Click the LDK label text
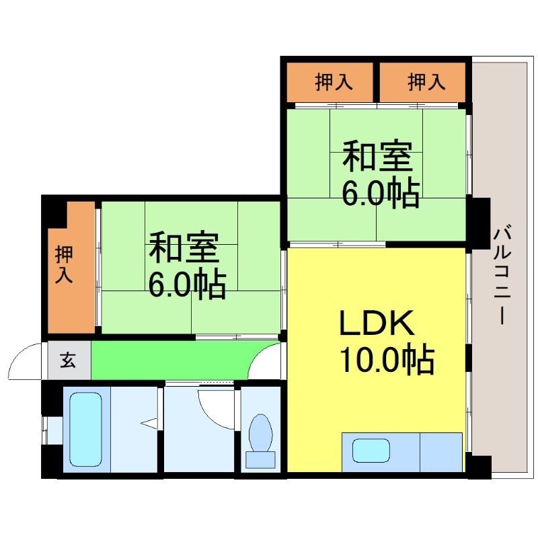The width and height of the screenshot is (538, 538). [x=377, y=323]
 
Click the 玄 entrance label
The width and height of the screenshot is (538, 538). [x=68, y=360]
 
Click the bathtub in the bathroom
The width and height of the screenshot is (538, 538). [x=86, y=430]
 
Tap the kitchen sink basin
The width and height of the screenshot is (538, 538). [x=371, y=451]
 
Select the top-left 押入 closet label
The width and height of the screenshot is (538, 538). [x=334, y=82]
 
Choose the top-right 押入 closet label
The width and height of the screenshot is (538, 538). [x=426, y=82]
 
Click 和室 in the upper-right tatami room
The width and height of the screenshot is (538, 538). [x=377, y=155]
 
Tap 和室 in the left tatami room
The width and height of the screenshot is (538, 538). [x=183, y=247]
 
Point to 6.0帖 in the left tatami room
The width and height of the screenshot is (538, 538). [x=188, y=284]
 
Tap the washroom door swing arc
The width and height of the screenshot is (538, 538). [x=210, y=416]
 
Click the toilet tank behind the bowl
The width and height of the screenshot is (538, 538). [x=260, y=459]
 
